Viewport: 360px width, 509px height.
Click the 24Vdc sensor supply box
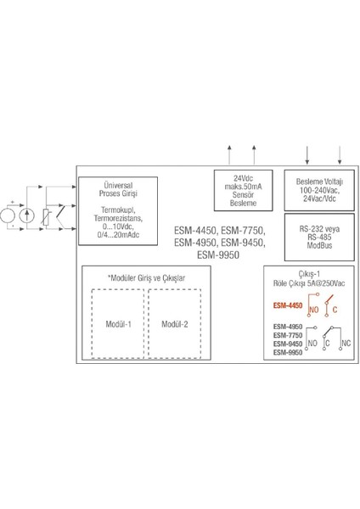click(x=235, y=189)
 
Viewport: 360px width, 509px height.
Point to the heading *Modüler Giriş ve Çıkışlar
click(x=145, y=278)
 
